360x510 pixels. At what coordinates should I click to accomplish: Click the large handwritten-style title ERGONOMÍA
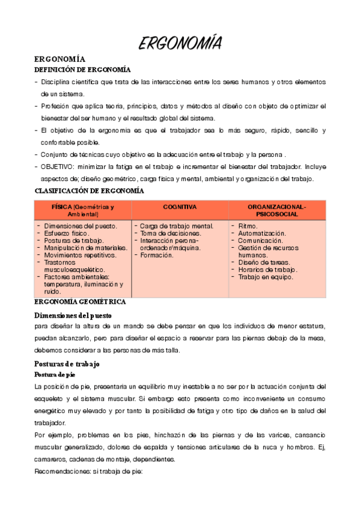coord(180,43)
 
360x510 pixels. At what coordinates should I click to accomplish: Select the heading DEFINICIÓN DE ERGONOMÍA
coord(82,70)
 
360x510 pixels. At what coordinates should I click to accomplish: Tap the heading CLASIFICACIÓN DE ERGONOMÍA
coord(90,191)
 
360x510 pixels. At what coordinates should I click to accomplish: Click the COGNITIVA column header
coord(180,207)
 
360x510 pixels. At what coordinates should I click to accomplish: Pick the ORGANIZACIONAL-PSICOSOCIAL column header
coord(276,210)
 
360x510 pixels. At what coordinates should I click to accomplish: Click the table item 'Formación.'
coord(157,255)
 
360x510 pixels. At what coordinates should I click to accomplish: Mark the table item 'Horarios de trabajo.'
coord(267,269)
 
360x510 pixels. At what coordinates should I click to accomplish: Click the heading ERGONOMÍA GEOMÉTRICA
coord(80,301)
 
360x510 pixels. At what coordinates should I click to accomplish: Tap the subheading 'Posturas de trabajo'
coord(67,364)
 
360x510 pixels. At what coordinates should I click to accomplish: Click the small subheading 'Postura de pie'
coord(55,375)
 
